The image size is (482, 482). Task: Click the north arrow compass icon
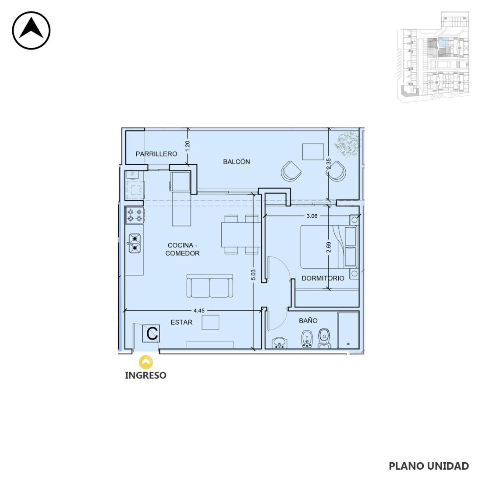pyautogui.click(x=31, y=30)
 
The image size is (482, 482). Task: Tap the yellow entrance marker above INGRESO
pyautogui.click(x=146, y=362)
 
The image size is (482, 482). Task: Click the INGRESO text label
pyautogui.click(x=146, y=376)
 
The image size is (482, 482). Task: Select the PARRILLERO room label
pyautogui.click(x=156, y=154)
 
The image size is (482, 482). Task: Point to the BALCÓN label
pyautogui.click(x=236, y=162)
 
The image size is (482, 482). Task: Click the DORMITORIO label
pyautogui.click(x=323, y=278)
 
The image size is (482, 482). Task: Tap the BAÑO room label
pyautogui.click(x=308, y=320)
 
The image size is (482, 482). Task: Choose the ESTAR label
pyautogui.click(x=181, y=322)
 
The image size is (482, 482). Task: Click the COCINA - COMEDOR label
pyautogui.click(x=182, y=249)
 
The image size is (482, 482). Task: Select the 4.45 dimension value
pyautogui.click(x=199, y=311)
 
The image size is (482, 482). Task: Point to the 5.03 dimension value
pyautogui.click(x=253, y=275)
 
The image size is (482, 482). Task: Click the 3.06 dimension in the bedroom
pyautogui.click(x=312, y=216)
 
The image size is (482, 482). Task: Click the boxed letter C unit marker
pyautogui.click(x=151, y=333)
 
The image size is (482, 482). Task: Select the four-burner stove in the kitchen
pyautogui.click(x=135, y=215)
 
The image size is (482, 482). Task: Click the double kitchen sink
pyautogui.click(x=135, y=244)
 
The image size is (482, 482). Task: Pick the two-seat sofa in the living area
pyautogui.click(x=209, y=286)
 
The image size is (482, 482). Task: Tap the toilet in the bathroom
pyautogui.click(x=324, y=338)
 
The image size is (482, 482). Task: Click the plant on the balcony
pyautogui.click(x=347, y=143)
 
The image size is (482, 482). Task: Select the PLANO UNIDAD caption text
pyautogui.click(x=429, y=466)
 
